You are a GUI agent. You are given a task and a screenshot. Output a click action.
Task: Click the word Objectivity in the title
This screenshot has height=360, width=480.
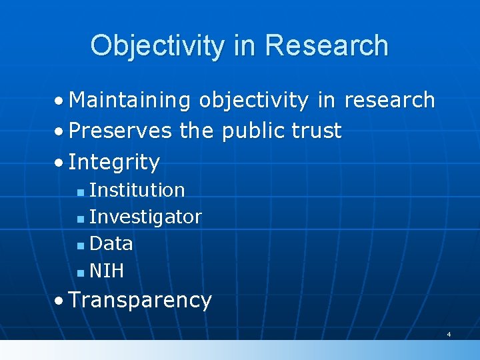(157, 45)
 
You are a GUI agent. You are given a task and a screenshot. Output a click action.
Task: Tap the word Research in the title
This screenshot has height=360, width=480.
(326, 45)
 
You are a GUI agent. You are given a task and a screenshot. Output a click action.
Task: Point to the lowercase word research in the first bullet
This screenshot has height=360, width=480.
(389, 100)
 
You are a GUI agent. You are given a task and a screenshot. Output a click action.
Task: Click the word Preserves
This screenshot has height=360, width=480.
(120, 131)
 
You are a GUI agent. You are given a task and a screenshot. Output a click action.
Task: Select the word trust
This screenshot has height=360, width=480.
(315, 131)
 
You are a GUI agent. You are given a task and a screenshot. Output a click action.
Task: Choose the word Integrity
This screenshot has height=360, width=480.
(114, 162)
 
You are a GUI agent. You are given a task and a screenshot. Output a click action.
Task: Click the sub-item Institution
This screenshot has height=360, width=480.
(137, 190)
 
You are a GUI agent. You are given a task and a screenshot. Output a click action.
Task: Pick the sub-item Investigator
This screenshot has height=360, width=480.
(145, 217)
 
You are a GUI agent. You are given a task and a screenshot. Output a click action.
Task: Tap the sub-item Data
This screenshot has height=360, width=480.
(111, 244)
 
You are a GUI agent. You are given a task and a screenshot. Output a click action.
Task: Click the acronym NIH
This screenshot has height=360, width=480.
(107, 271)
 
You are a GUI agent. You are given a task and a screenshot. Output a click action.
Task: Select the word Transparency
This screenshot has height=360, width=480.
(140, 301)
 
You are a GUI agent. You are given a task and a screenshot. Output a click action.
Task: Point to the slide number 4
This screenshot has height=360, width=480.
(449, 333)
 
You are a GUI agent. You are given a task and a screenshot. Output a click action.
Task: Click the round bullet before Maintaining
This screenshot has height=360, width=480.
(60, 101)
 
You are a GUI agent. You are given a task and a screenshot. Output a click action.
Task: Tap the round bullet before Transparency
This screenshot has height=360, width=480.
(60, 301)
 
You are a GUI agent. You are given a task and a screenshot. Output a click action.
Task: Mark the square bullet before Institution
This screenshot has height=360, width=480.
(80, 192)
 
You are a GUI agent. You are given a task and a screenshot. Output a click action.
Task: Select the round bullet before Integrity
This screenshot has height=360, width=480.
(60, 163)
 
